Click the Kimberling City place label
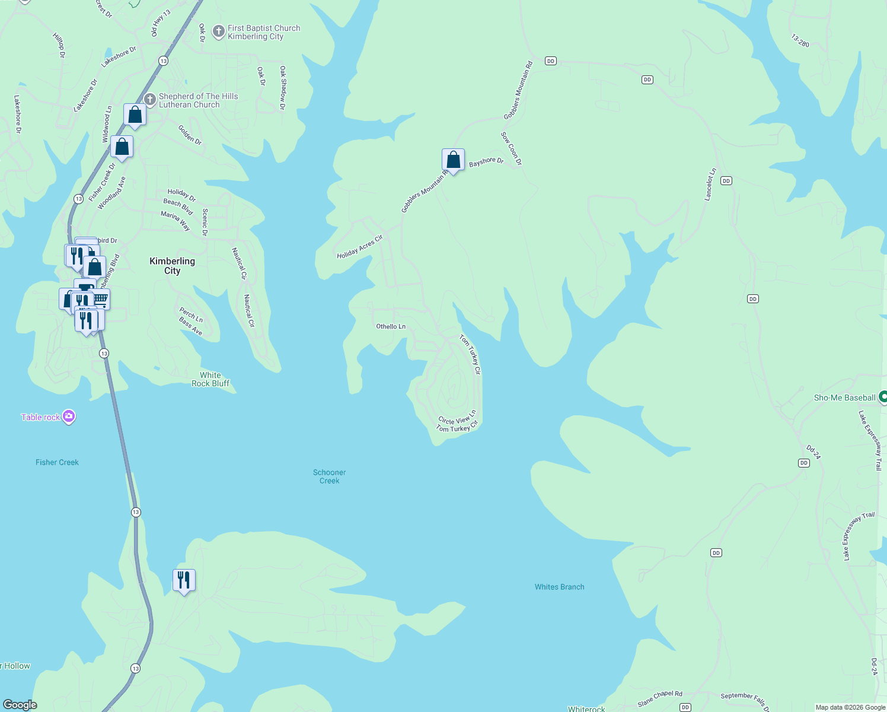pos(172,266)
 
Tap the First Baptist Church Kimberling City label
pos(263,32)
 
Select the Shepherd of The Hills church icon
pos(151,99)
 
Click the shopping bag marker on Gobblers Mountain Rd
pos(453,160)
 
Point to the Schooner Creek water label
pos(329,476)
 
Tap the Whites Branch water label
pos(559,587)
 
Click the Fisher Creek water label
pos(57,462)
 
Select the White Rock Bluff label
pos(210,379)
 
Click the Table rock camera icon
pos(69,417)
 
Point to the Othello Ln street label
pos(391,326)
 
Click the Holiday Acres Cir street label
pos(360,247)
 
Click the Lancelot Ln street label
pos(710,185)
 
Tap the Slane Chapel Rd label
pos(660,698)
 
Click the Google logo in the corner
pos(20,705)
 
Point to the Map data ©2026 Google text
pos(850,707)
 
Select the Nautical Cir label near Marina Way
pos(239,263)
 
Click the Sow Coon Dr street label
pos(511,148)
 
